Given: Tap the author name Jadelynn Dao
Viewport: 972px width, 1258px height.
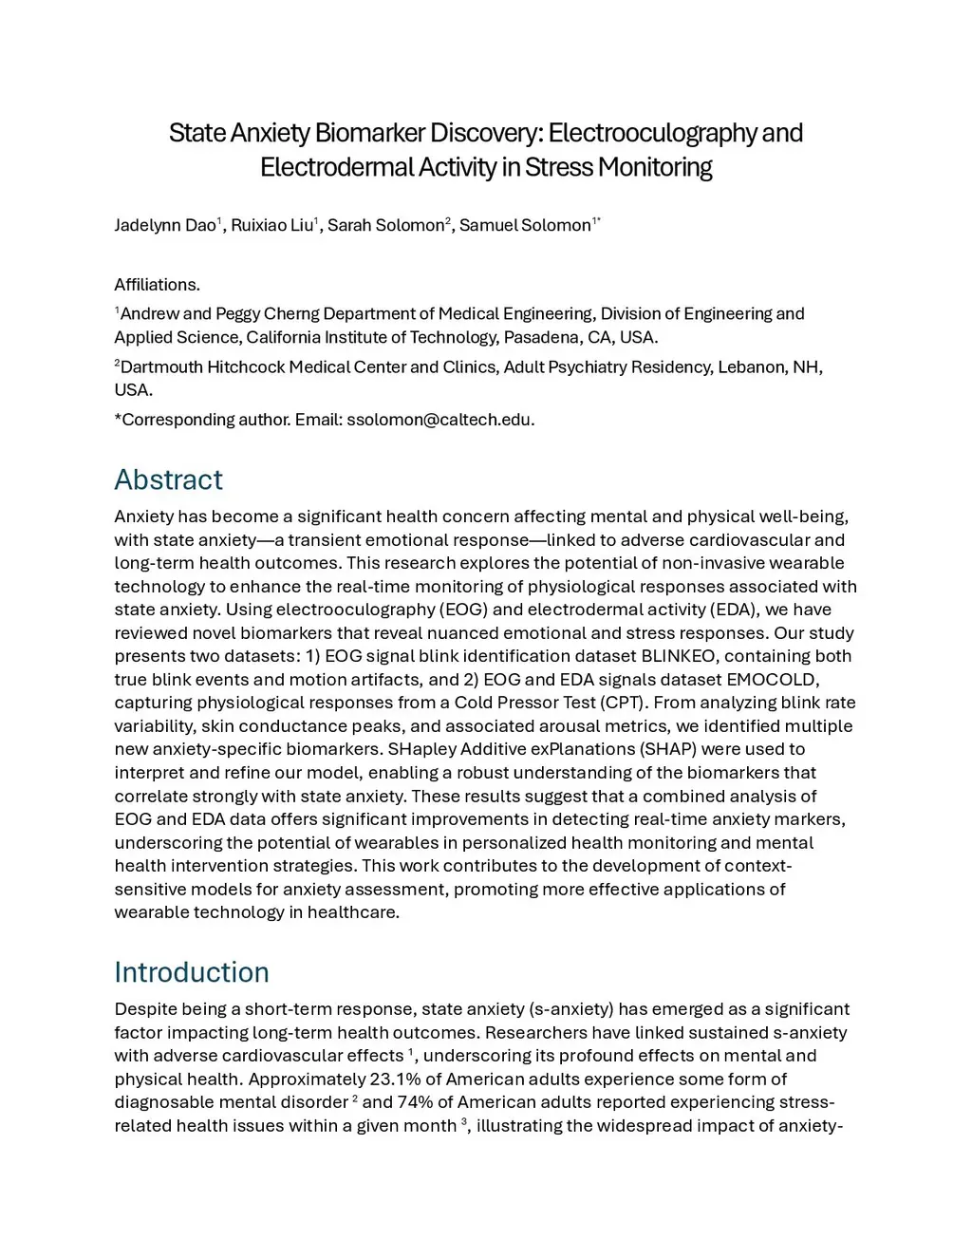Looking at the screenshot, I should (x=164, y=225).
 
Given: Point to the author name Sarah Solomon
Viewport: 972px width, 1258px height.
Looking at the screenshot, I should (x=385, y=225).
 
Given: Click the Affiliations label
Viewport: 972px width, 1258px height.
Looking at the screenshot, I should (x=157, y=284).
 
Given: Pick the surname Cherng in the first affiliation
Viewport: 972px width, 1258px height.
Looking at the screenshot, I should (x=290, y=313).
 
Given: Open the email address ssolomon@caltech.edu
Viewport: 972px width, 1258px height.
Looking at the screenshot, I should (x=439, y=420).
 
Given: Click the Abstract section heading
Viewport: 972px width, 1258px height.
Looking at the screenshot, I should (x=168, y=479).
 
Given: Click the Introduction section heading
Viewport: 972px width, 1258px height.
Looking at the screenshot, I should (x=191, y=972).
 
